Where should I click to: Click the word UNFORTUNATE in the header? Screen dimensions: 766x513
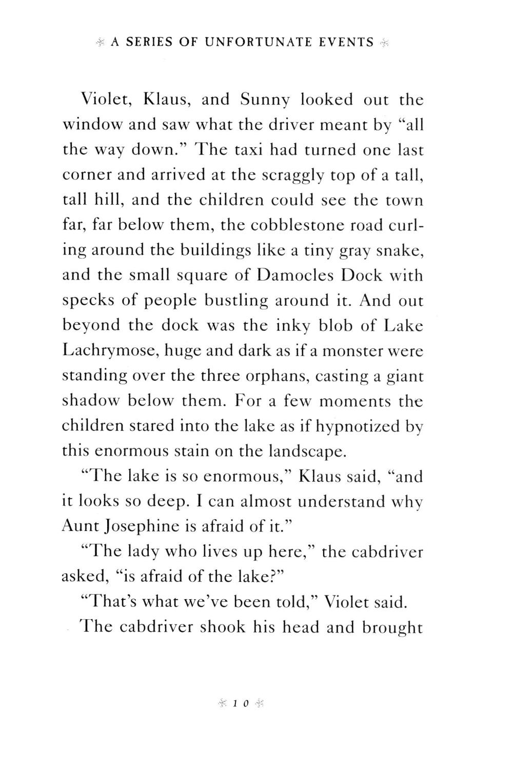(255, 43)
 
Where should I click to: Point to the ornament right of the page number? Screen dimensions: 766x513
(259, 703)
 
